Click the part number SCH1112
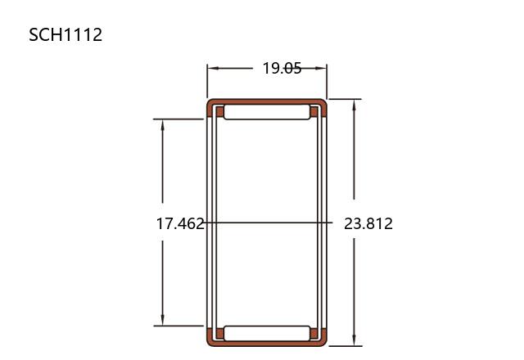pyautogui.click(x=65, y=34)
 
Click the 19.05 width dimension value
pyautogui.click(x=282, y=69)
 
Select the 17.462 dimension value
pyautogui.click(x=180, y=223)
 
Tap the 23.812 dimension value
pyautogui.click(x=368, y=223)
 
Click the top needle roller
pyautogui.click(x=267, y=112)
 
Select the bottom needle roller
pyautogui.click(x=267, y=334)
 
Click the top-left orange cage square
pyautogui.click(x=220, y=112)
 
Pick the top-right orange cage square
pyautogui.click(x=314, y=112)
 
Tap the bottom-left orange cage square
pyautogui.click(x=220, y=334)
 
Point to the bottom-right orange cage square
pyautogui.click(x=314, y=334)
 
